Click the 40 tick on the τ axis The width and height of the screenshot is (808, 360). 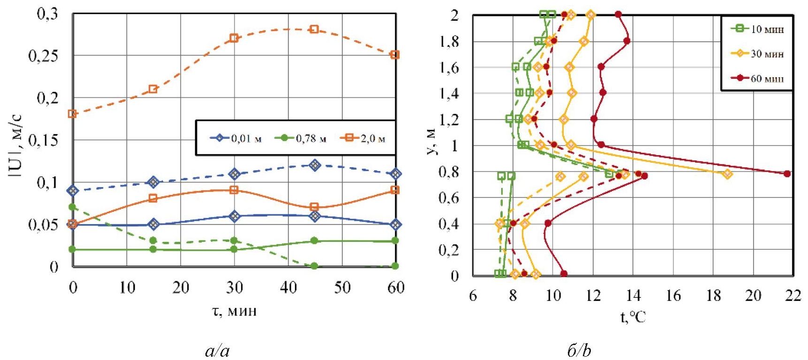(288, 287)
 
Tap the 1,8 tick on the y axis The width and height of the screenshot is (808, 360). (449, 42)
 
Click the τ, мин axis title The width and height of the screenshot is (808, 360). (234, 311)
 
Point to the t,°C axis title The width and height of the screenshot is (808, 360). (633, 317)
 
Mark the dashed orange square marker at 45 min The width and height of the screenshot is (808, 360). (315, 29)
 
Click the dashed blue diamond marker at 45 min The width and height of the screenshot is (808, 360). (315, 165)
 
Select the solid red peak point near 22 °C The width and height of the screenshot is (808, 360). (787, 174)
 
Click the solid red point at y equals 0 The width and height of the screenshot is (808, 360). (564, 274)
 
